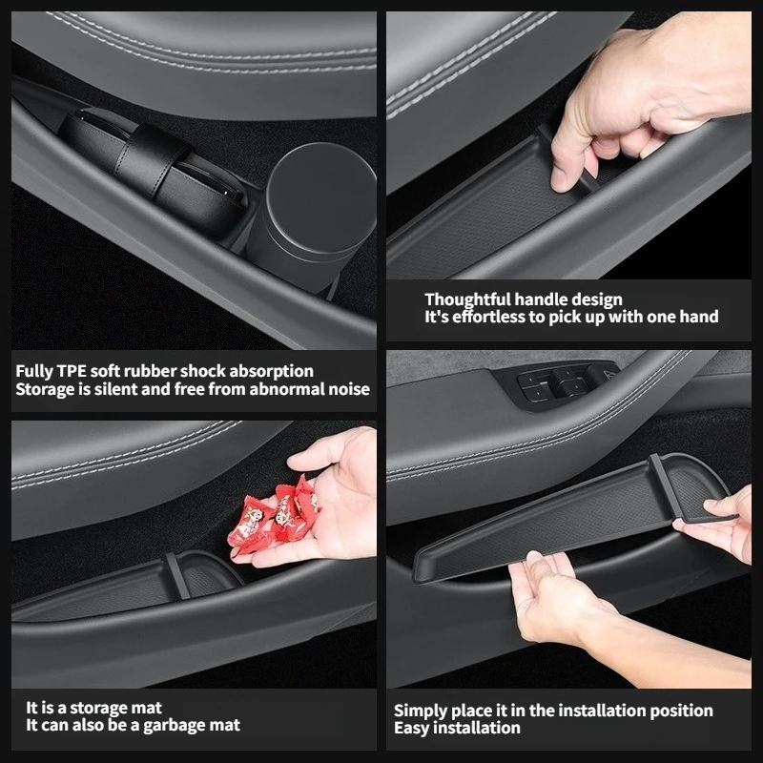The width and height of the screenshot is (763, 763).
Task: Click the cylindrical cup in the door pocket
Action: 312,214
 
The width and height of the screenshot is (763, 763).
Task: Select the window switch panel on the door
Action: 560,384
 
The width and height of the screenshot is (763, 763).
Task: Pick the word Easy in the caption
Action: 412,728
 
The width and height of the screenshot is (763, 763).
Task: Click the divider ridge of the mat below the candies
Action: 176,576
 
